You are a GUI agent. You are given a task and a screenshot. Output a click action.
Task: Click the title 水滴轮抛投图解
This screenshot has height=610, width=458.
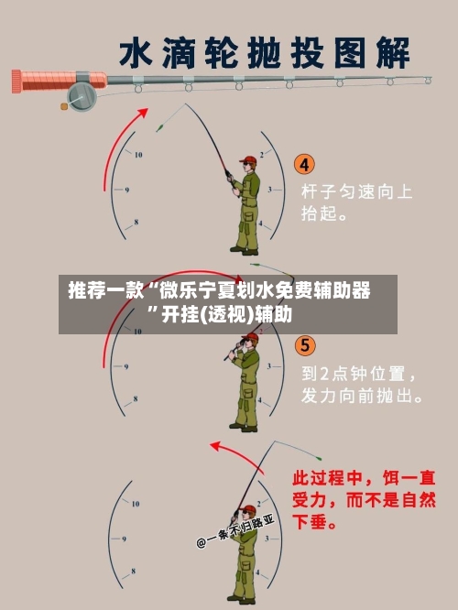pyautogui.click(x=266, y=52)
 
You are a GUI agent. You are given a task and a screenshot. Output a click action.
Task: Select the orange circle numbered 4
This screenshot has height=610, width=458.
pyautogui.click(x=304, y=165)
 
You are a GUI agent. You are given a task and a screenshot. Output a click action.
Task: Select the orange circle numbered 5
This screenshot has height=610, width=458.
pyautogui.click(x=304, y=346)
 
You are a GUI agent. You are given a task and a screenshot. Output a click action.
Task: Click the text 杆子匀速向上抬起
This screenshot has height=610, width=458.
pyautogui.click(x=356, y=203)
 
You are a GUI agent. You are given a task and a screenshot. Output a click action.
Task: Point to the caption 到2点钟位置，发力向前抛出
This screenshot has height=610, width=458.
pyautogui.click(x=362, y=386)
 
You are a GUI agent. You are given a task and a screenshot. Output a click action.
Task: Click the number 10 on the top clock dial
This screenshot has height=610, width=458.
pyautogui.click(x=138, y=155)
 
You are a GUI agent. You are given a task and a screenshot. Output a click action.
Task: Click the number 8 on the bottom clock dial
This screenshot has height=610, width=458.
pyautogui.click(x=136, y=575)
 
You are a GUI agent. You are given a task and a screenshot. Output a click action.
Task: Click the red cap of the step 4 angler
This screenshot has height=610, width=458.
pyautogui.click(x=246, y=160)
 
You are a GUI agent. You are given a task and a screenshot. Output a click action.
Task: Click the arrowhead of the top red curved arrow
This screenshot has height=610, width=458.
pyautogui.click(x=144, y=112)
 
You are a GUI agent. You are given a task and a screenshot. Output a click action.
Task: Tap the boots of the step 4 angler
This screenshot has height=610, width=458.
pyautogui.click(x=243, y=250)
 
